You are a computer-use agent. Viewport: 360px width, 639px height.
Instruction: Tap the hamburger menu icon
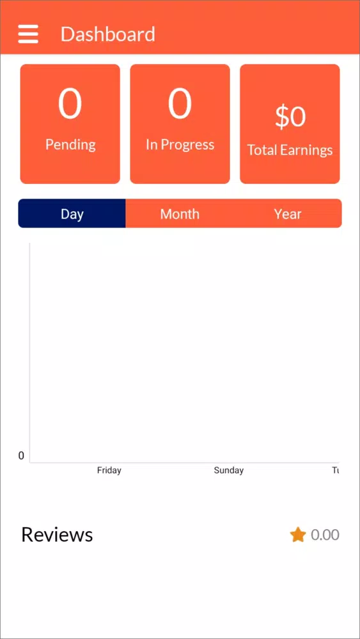[28, 34]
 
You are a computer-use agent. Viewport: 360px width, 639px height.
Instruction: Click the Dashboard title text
[108, 34]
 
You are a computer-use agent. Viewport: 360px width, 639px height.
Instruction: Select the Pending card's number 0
[70, 104]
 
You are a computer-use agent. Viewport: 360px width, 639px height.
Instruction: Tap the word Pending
[70, 144]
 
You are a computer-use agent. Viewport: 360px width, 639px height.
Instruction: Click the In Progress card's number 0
[180, 104]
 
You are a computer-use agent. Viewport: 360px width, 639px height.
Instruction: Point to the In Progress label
[180, 144]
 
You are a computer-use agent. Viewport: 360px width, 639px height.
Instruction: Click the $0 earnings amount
[290, 116]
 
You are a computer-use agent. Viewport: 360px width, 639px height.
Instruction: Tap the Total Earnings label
[290, 150]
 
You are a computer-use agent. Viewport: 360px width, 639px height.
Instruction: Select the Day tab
[72, 213]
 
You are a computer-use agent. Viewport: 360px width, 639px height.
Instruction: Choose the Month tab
[180, 213]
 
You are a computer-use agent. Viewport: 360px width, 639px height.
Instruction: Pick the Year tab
[288, 213]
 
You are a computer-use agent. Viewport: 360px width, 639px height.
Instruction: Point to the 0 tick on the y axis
[21, 456]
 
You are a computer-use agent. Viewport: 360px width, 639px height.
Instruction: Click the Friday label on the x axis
[109, 470]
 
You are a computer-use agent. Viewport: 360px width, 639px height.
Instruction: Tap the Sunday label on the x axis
[229, 470]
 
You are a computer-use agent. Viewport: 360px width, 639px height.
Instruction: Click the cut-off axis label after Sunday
[336, 470]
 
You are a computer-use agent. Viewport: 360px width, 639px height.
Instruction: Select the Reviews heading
[57, 534]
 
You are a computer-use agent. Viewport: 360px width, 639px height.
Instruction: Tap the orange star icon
[298, 535]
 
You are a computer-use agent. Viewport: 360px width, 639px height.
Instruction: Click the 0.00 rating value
[325, 535]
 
